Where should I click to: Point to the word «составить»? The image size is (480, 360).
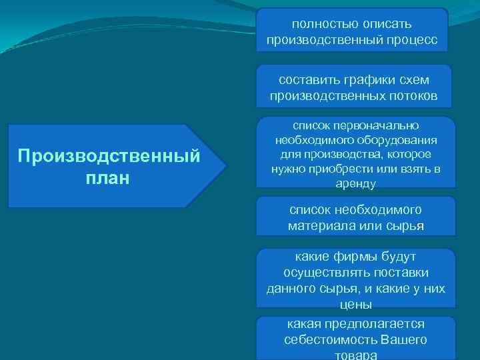(306, 80)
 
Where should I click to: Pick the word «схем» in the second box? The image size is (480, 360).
(411, 80)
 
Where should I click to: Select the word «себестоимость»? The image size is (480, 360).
(331, 339)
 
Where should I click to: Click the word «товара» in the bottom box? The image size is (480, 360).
(355, 355)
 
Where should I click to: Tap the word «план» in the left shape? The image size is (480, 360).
(109, 179)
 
